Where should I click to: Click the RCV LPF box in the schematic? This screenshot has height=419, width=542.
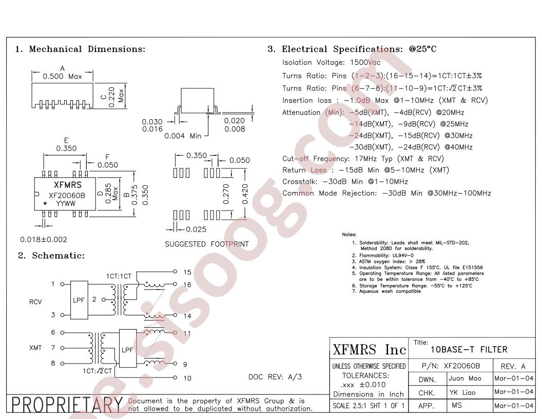point(79,300)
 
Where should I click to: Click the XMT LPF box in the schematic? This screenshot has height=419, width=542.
point(128,349)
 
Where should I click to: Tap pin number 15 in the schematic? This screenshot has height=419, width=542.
point(187,272)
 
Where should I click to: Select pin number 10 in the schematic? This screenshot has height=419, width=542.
point(187,378)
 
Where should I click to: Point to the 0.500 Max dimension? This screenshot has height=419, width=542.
point(62,77)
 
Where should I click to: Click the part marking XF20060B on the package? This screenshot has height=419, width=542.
point(67,195)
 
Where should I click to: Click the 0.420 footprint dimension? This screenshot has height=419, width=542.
point(245,194)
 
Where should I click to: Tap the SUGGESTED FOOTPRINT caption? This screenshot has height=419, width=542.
point(207,244)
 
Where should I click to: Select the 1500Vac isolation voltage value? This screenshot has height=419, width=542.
point(365,63)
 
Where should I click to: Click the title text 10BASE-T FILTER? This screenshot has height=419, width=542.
point(469,350)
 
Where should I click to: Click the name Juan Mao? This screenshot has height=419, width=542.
point(465,378)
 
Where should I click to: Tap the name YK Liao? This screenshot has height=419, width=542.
point(462,392)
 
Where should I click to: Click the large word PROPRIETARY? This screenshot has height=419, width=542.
point(67,405)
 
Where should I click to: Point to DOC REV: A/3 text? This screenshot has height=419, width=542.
point(275,377)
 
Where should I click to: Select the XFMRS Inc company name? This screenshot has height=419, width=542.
point(369,350)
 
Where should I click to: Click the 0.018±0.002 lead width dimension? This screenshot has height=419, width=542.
point(44,239)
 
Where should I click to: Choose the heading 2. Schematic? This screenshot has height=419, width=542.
point(51,256)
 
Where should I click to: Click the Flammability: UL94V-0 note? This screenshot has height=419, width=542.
point(383,256)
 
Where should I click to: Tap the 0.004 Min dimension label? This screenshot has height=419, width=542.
point(183,136)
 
